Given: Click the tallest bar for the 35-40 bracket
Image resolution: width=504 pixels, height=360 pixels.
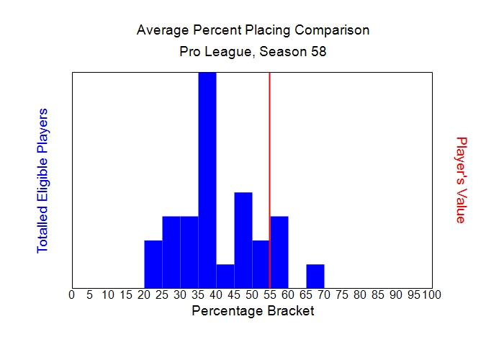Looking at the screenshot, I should click(207, 180).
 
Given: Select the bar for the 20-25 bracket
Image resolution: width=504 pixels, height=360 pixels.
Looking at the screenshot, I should click(153, 264).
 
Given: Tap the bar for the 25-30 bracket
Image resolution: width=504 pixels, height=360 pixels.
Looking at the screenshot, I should click(171, 252).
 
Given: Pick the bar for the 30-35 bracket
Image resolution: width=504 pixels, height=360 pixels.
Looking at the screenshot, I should click(189, 252).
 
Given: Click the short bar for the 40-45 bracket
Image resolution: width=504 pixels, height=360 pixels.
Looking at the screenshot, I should click(225, 276).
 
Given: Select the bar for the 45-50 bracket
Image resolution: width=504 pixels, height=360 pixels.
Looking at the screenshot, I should click(243, 240).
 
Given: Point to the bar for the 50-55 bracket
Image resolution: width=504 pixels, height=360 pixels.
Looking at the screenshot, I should click(261, 264).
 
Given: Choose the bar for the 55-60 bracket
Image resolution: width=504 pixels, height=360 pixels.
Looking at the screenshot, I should click(279, 252).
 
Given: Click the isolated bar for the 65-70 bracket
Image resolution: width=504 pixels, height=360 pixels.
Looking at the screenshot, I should click(315, 276).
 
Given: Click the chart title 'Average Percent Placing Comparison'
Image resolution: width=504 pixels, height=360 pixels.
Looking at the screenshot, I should click(253, 31).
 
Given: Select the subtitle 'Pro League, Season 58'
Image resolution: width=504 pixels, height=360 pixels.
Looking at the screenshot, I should click(253, 53).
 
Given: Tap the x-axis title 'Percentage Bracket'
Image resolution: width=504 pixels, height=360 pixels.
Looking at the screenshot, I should click(253, 311).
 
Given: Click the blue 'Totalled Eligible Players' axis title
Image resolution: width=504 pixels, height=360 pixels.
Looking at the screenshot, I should click(42, 180).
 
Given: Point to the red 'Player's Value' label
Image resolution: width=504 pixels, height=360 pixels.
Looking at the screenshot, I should click(462, 180).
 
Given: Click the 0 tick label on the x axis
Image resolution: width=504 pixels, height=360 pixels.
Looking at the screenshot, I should click(71, 294).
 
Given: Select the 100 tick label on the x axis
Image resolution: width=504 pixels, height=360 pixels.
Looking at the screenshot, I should click(431, 294).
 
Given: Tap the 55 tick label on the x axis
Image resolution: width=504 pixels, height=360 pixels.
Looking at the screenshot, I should click(269, 294).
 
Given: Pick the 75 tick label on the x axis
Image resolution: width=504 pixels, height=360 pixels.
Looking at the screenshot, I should click(341, 294).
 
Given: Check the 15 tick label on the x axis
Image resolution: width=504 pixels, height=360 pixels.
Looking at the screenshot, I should click(125, 294).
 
